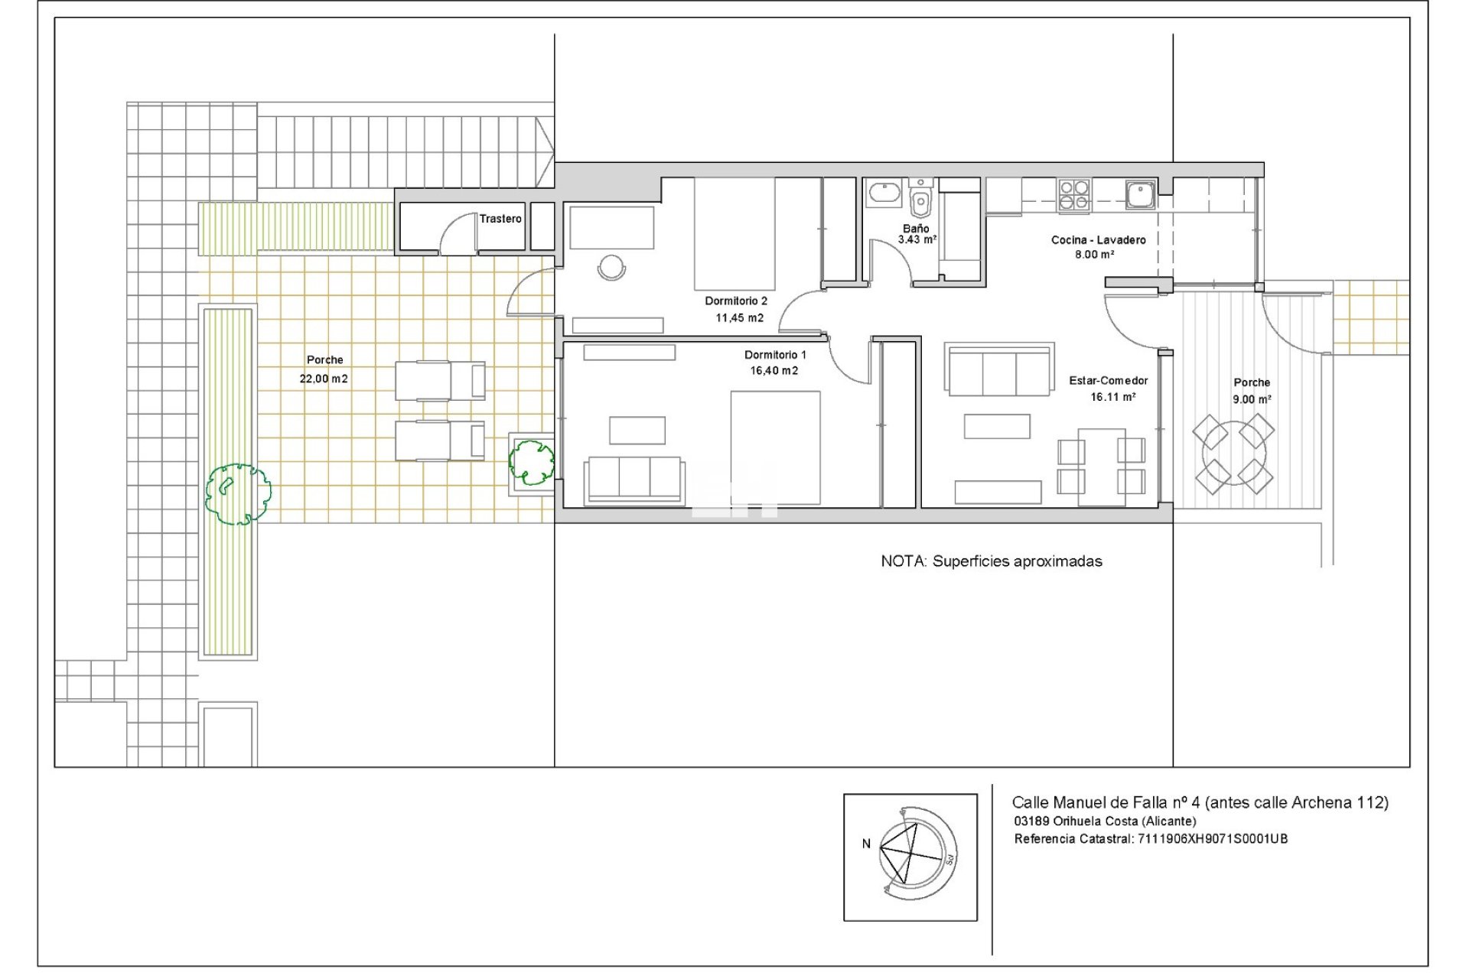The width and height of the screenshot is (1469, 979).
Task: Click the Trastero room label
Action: (x=500, y=219)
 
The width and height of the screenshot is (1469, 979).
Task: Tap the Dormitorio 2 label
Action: (x=736, y=301)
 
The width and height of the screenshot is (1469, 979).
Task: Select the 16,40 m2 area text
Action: (x=774, y=371)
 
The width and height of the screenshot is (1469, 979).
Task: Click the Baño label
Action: (x=916, y=228)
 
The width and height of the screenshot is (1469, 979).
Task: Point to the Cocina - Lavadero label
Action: (x=1099, y=240)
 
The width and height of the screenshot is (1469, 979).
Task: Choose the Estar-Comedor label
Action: (x=1109, y=381)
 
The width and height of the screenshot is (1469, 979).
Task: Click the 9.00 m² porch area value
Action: (x=1252, y=399)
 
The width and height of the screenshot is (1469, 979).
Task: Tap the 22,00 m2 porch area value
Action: (x=324, y=379)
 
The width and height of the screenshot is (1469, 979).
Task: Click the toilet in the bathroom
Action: (x=921, y=198)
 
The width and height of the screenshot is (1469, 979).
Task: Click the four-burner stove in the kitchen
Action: (x=1074, y=195)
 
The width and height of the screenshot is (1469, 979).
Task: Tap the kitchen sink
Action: (x=1141, y=194)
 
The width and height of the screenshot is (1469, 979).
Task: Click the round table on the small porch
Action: (x=1233, y=454)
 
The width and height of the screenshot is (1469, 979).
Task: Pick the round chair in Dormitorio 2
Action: (x=611, y=267)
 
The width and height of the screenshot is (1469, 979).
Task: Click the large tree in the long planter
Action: (x=238, y=494)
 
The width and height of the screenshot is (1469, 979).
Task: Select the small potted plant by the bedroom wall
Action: (x=532, y=461)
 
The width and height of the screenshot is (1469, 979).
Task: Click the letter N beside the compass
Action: (x=866, y=844)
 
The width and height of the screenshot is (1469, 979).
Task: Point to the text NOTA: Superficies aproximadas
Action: (x=992, y=561)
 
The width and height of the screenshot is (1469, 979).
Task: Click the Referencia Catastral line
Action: (x=1151, y=839)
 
